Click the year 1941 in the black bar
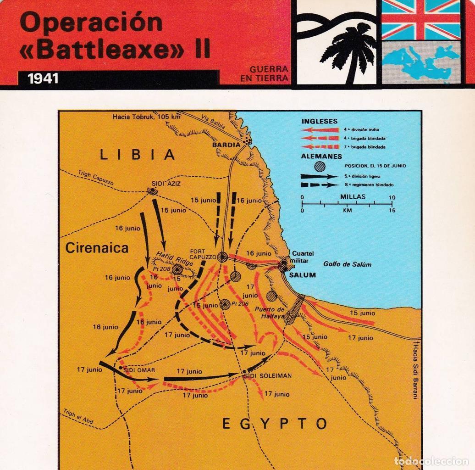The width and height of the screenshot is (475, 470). coord(43,78)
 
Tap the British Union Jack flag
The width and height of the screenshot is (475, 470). coord(421,19)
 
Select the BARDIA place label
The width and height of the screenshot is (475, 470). coord(226,145)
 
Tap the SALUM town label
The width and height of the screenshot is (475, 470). coord(302,275)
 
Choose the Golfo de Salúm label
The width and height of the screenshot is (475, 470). coord(347,264)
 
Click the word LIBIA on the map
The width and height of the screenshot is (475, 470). coord(138,155)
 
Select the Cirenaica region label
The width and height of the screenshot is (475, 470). coord(97,248)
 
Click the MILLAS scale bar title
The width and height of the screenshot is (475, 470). coord(353,196)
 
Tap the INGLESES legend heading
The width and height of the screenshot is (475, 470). coord(319,121)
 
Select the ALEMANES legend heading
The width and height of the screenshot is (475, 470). coord(321,156)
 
